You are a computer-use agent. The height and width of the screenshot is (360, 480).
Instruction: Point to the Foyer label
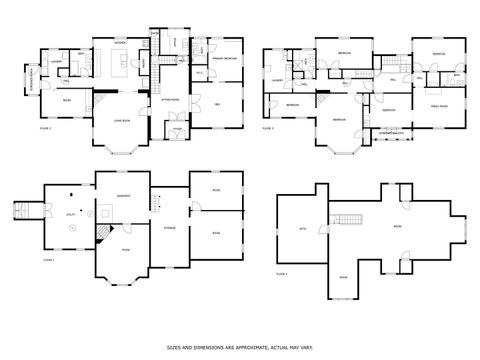click(176, 129)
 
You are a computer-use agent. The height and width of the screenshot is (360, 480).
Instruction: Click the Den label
click(217, 103)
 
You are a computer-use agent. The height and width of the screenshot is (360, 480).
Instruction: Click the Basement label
click(125, 195)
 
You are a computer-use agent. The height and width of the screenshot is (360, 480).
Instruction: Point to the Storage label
click(170, 228)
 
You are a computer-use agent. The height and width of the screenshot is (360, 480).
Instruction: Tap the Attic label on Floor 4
click(302, 229)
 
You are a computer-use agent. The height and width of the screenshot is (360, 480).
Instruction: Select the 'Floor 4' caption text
click(282, 272)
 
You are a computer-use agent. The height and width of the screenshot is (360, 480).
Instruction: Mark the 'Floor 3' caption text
click(267, 129)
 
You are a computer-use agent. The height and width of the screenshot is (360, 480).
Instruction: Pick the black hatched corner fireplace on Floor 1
click(103, 232)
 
